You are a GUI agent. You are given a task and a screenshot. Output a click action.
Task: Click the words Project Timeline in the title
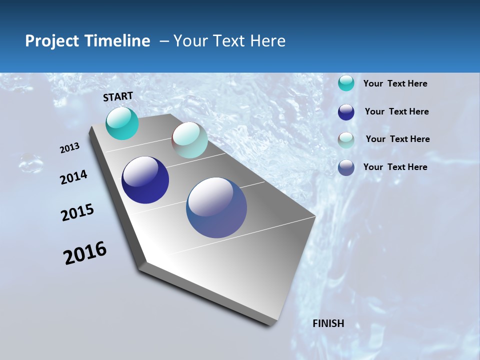tap(87, 41)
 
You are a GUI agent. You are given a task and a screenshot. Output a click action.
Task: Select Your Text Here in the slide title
tap(229, 41)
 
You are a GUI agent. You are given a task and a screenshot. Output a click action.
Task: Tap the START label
tap(118, 96)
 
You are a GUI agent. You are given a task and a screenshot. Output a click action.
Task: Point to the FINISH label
tap(328, 323)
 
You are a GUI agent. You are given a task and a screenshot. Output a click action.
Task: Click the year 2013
tap(70, 148)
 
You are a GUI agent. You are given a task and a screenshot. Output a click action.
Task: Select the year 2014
tap(74, 177)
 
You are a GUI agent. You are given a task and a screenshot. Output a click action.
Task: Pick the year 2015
tap(77, 212)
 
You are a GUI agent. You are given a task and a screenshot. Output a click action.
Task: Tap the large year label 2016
tap(85, 253)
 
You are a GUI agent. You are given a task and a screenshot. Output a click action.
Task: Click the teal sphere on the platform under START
tap(122, 123)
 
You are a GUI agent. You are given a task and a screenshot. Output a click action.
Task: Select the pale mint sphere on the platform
tap(189, 140)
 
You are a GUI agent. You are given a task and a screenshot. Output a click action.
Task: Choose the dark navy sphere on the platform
tap(145, 180)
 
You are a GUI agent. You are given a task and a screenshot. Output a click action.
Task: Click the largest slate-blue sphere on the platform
tap(216, 207)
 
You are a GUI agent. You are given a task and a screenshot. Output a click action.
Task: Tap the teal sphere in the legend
tap(346, 83)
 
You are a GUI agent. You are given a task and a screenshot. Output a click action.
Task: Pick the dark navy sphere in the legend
tap(346, 112)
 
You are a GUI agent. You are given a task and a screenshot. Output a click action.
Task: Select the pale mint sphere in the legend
tap(346, 140)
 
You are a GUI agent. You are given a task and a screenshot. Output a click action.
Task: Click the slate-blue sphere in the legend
tap(346, 167)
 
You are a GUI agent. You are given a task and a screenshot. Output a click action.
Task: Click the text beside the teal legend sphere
tap(395, 83)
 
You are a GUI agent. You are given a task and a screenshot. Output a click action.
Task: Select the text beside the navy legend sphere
tap(396, 111)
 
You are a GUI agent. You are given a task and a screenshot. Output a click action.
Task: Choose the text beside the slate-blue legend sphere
tap(395, 167)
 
